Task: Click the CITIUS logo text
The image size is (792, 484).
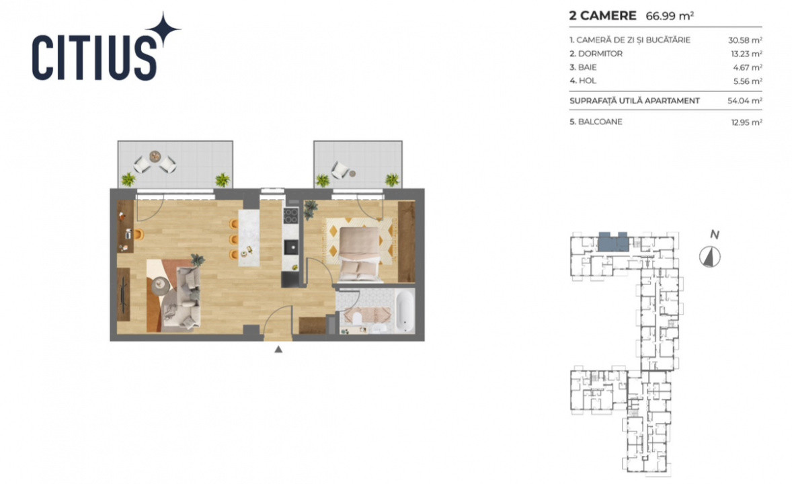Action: pyautogui.click(x=94, y=57)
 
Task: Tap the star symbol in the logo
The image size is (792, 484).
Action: pyautogui.click(x=163, y=31)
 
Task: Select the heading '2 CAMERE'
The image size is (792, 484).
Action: pyautogui.click(x=602, y=15)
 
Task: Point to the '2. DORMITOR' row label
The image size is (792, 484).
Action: pyautogui.click(x=596, y=54)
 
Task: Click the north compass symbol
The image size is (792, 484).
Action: pyautogui.click(x=709, y=256)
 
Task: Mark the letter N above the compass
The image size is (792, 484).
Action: pyautogui.click(x=715, y=235)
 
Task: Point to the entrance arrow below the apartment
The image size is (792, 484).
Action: pyautogui.click(x=278, y=349)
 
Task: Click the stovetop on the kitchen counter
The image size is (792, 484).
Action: pyautogui.click(x=291, y=216)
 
